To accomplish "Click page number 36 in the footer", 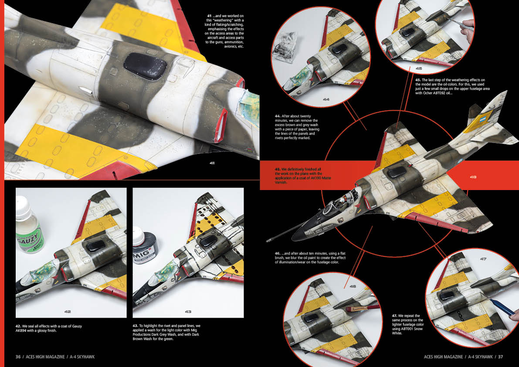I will pyautogui.click(x=18, y=357).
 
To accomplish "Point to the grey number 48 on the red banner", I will pyautogui.click(x=473, y=177).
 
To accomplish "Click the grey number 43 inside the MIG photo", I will pyautogui.click(x=188, y=312).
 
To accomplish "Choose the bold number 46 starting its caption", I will pyautogui.click(x=278, y=253).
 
